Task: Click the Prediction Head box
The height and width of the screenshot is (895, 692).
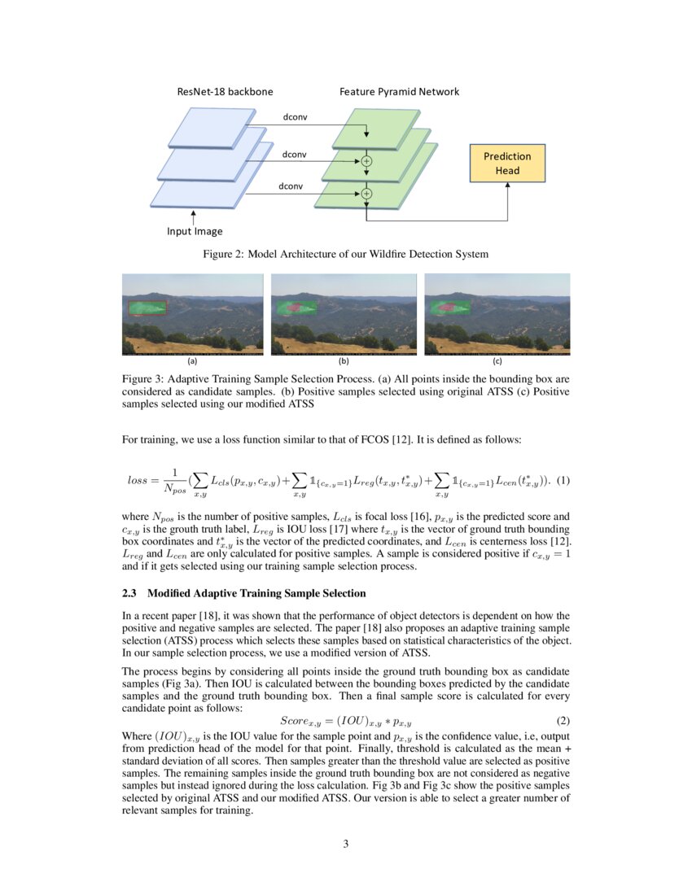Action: [507, 163]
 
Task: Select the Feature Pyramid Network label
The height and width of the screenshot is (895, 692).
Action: [399, 91]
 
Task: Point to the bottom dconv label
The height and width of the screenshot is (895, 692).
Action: [291, 186]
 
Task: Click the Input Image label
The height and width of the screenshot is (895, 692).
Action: [195, 231]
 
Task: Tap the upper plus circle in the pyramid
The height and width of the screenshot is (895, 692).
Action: [366, 161]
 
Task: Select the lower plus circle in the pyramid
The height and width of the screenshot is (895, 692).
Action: [366, 194]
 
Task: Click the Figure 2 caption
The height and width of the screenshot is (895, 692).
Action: [345, 254]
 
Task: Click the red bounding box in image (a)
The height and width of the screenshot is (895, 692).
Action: [147, 308]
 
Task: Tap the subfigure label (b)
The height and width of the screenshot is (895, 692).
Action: [344, 360]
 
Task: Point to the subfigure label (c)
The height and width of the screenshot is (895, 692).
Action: [497, 360]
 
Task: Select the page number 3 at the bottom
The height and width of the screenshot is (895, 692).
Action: [346, 844]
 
